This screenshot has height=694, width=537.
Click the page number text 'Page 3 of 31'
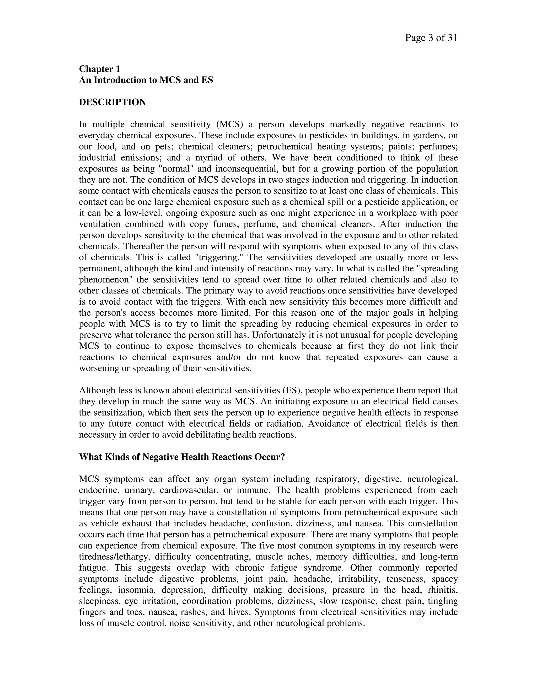point(431,38)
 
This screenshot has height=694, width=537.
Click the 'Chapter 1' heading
point(100,69)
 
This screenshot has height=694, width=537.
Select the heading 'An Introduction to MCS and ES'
point(146,80)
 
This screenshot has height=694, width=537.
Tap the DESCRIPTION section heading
point(112,102)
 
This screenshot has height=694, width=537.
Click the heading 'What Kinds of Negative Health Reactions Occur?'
point(182,457)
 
